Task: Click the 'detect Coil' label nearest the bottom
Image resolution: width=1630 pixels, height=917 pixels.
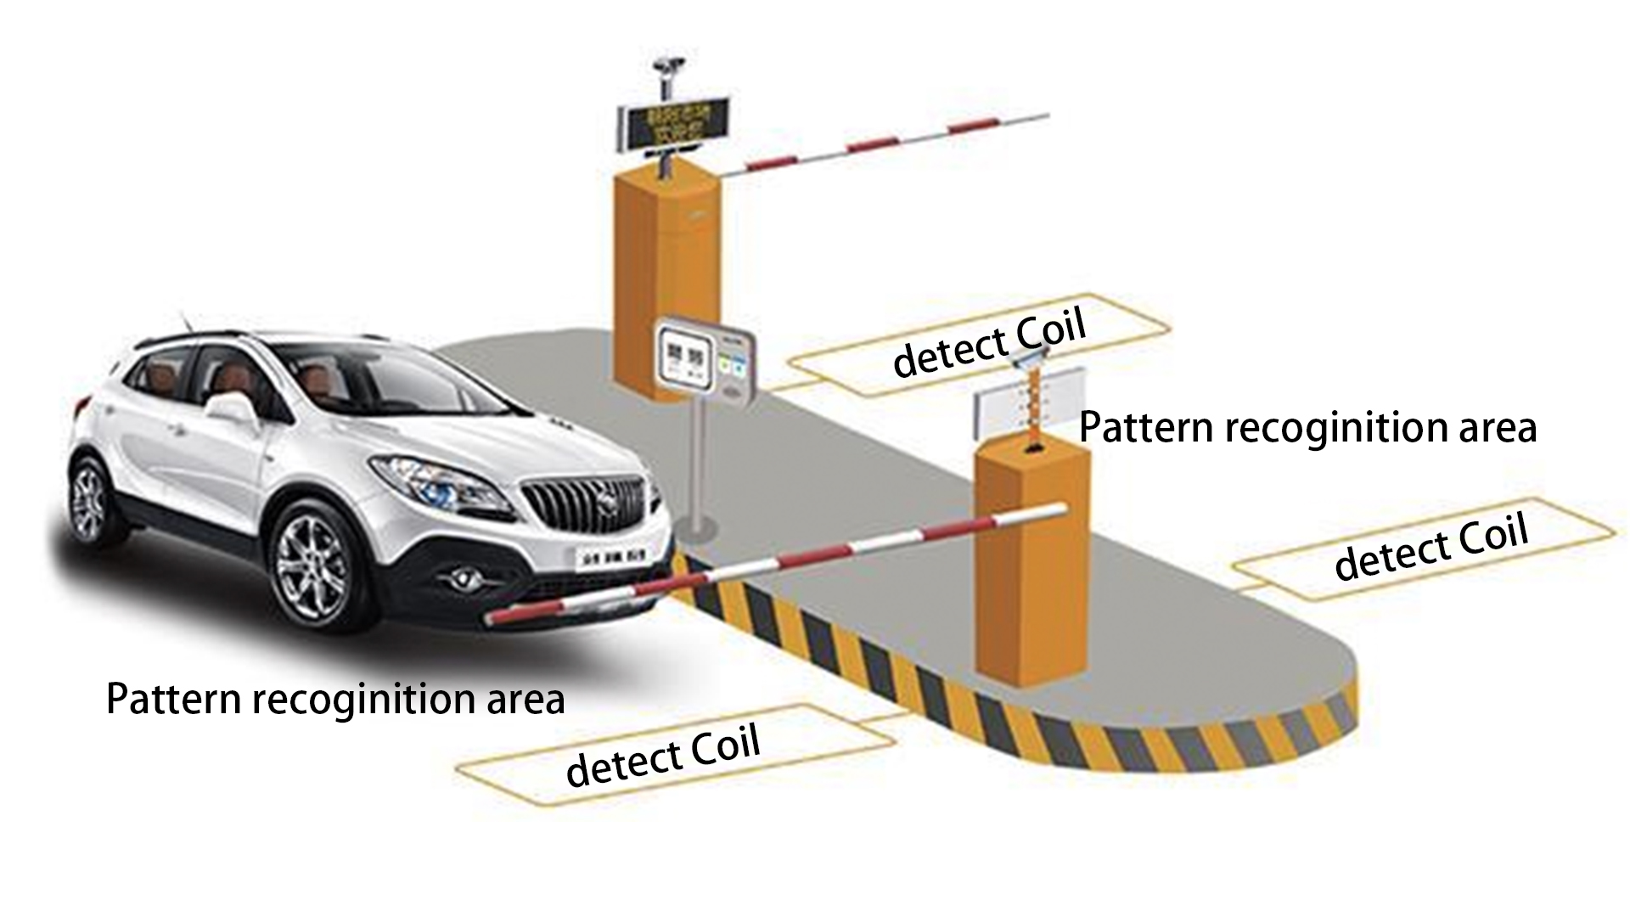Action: click(x=663, y=756)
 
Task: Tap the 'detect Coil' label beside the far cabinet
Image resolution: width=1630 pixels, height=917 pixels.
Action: click(x=990, y=345)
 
